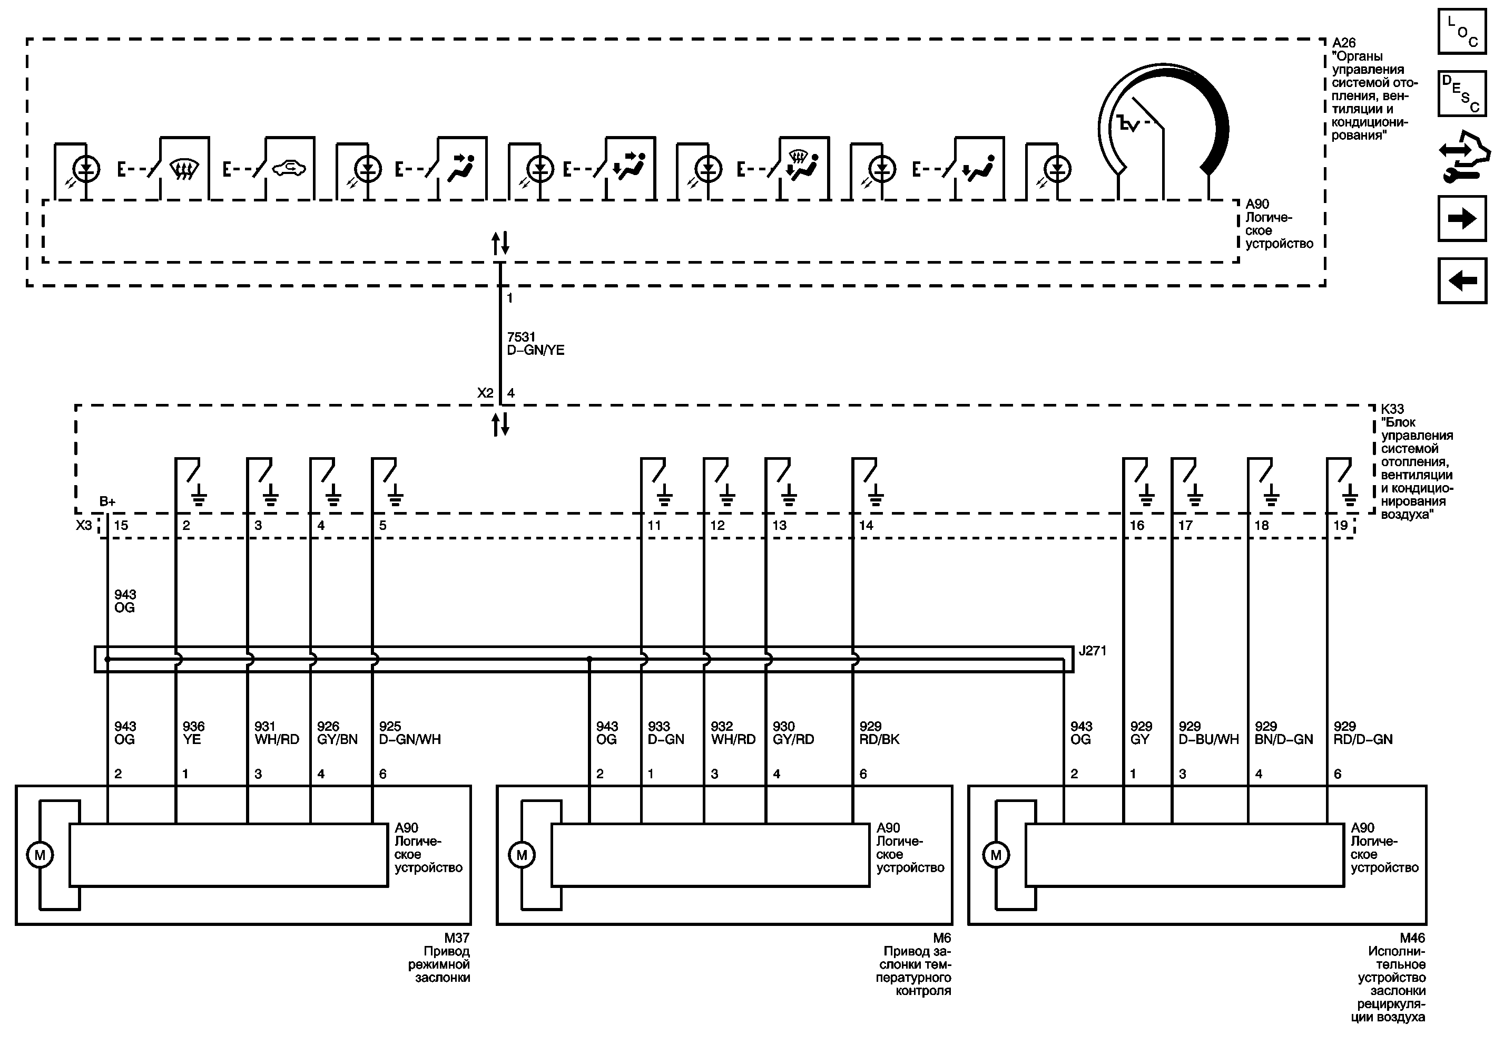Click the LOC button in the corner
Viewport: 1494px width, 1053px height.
pos(1461,31)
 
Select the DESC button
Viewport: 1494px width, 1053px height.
pos(1461,94)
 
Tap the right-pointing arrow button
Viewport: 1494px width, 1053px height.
pos(1461,219)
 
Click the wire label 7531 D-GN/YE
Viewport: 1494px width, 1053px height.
pos(535,343)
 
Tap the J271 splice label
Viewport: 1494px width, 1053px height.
pos(1092,651)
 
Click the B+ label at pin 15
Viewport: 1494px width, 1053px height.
pos(107,501)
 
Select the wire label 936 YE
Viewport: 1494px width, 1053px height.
pos(193,732)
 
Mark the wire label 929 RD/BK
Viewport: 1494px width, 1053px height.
pos(879,732)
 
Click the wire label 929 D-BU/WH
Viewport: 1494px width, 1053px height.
pos(1208,732)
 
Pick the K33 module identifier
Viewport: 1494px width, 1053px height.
pos(1392,409)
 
